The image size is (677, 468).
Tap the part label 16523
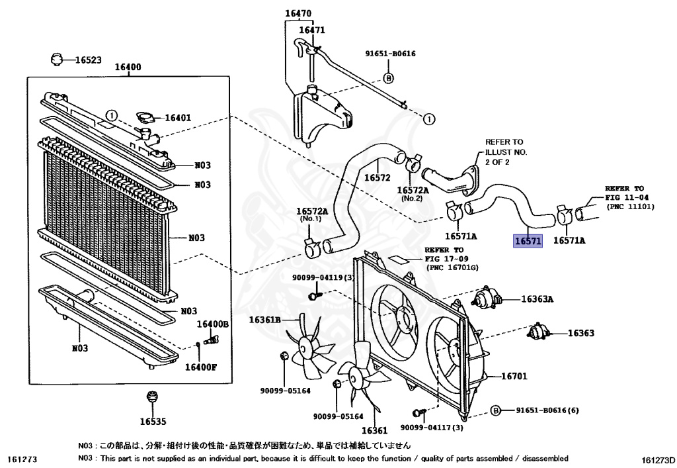(88, 60)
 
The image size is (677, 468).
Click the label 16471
(311, 30)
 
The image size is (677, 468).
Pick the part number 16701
(514, 377)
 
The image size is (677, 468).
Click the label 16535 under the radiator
(153, 421)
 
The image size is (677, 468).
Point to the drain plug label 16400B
(212, 324)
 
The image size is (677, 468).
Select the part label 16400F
(200, 367)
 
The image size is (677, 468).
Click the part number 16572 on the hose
(378, 178)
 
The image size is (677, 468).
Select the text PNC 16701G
(453, 267)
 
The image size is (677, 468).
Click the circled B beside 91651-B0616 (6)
(495, 410)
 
